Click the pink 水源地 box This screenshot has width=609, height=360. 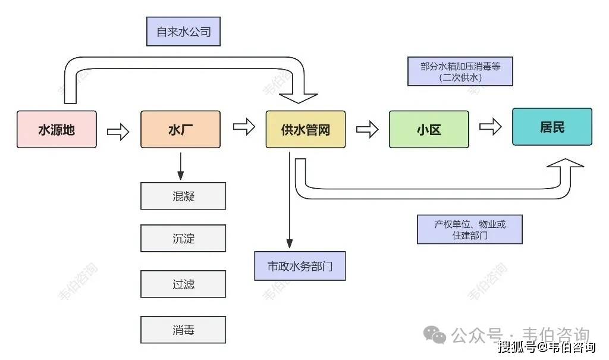pyautogui.click(x=56, y=129)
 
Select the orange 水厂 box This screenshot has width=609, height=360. pyautogui.click(x=180, y=129)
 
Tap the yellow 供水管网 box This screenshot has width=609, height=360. pyautogui.click(x=305, y=129)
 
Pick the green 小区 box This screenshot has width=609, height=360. pyautogui.click(x=429, y=129)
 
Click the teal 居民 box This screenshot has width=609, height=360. pyautogui.click(x=552, y=127)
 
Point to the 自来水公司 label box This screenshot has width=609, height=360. pyautogui.click(x=184, y=32)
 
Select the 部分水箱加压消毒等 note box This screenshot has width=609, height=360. pyautogui.click(x=460, y=71)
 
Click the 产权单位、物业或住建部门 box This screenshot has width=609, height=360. pyautogui.click(x=469, y=229)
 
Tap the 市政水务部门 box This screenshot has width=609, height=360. pyautogui.click(x=300, y=266)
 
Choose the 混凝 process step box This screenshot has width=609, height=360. pyautogui.click(x=183, y=196)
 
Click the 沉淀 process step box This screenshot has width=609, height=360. pyautogui.click(x=183, y=239)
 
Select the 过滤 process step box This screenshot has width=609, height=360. pyautogui.click(x=183, y=284)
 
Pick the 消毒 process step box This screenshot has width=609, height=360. pyautogui.click(x=183, y=330)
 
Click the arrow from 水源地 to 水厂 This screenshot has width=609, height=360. pyautogui.click(x=118, y=131)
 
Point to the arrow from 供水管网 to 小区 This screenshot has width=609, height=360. pyautogui.click(x=367, y=129)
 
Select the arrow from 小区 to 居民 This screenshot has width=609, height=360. pyautogui.click(x=491, y=127)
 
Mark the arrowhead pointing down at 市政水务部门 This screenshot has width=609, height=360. pyautogui.click(x=289, y=243)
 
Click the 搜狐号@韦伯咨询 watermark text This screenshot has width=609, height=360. pyautogui.click(x=546, y=347)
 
